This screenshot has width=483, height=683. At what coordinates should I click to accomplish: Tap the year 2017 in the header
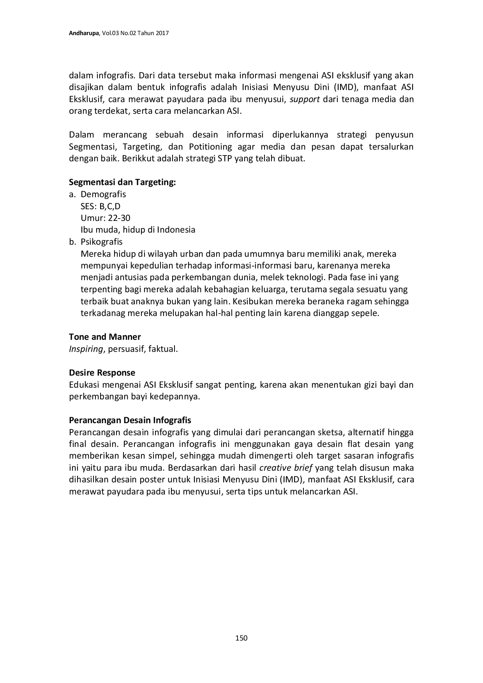162,34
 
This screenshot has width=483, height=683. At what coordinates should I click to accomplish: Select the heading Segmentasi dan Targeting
122,182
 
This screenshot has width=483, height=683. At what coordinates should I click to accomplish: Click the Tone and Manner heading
105,337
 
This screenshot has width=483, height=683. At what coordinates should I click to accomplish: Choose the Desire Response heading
102,372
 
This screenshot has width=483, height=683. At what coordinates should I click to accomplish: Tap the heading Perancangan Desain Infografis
130,420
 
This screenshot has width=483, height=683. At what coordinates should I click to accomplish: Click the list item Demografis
103,194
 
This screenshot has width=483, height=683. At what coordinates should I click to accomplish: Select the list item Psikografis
101,242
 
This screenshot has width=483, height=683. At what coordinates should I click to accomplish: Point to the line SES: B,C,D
100,206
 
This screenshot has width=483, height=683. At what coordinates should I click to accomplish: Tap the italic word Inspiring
86,349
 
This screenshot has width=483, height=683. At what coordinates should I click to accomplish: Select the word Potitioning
210,147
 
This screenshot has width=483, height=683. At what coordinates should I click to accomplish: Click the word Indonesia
176,230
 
